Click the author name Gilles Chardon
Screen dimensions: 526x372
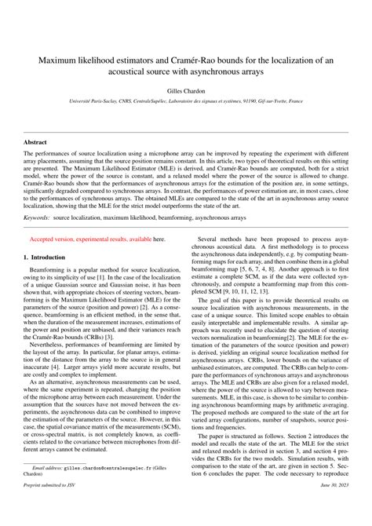tap(186, 90)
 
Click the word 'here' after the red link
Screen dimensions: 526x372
tap(159, 238)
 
